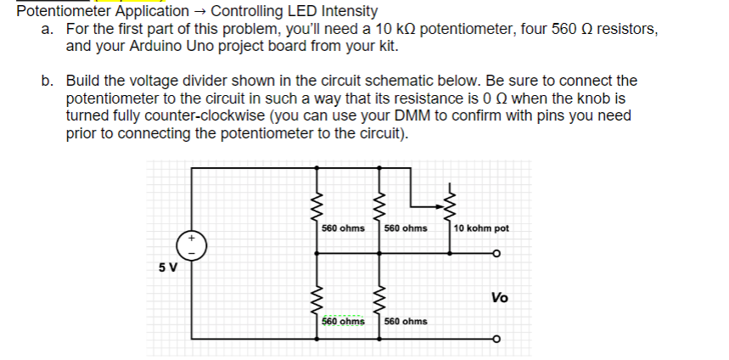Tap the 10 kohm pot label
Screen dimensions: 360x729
click(481, 228)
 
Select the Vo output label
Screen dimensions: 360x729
click(500, 297)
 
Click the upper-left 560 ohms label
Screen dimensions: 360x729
click(344, 228)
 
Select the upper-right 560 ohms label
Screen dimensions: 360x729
click(406, 228)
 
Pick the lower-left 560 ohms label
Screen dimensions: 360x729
click(344, 322)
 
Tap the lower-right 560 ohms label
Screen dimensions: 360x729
click(406, 322)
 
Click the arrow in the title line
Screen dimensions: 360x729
click(200, 11)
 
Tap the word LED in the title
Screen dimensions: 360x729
click(288, 11)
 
